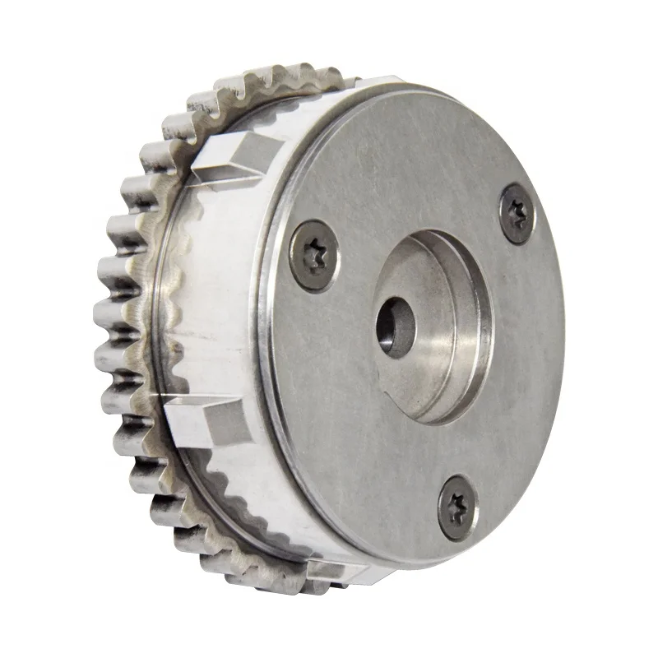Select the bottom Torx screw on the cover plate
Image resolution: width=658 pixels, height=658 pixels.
[x=456, y=506]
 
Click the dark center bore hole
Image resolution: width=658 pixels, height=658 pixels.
[x=396, y=327]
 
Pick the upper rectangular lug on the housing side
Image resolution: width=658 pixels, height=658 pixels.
[x=233, y=158]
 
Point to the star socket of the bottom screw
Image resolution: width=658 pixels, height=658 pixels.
[x=456, y=507]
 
